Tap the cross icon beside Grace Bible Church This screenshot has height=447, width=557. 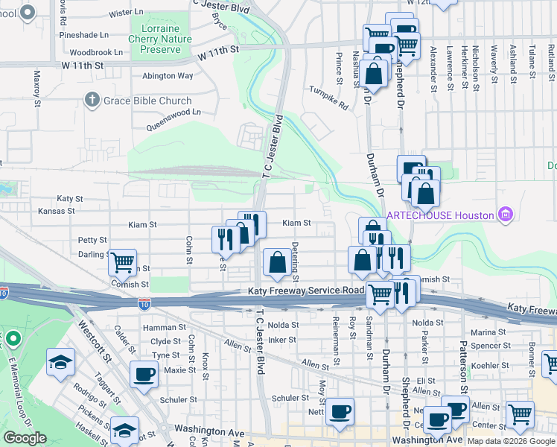pos(92,100)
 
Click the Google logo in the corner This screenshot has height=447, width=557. pos(25,438)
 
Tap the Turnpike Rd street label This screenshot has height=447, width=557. pos(329,106)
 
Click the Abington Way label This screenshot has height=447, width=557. pos(168,75)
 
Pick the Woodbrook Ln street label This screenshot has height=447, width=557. pos(96,53)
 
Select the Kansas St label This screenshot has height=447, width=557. pos(56,211)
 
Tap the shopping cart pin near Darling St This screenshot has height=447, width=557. pos(122,262)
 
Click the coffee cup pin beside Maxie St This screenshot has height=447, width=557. pos(144,375)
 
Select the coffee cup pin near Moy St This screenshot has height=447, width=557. pos(340,410)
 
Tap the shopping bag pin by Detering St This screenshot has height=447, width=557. pos(277,261)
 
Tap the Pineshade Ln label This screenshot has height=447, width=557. pos(84,34)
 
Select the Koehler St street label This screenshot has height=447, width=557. pos(489,365)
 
